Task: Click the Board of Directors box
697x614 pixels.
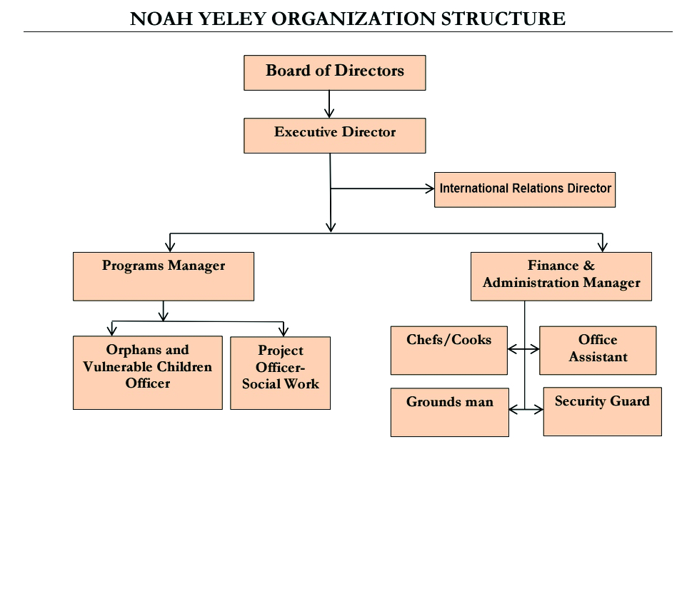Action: coord(334,73)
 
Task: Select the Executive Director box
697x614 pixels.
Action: coord(334,136)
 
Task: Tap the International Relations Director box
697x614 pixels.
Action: coord(524,189)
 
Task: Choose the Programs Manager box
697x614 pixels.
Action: coord(164,276)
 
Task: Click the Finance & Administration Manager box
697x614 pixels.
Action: coord(561,276)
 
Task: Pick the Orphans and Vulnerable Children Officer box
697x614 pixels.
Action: coord(147,373)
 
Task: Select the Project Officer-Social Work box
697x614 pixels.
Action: coord(280,373)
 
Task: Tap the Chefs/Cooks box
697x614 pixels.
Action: coord(448,350)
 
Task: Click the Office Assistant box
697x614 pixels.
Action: coord(597,350)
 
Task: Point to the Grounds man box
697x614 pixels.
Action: coord(449,411)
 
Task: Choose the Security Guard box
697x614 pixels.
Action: coord(602,411)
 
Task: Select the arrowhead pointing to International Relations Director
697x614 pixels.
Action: coord(429,188)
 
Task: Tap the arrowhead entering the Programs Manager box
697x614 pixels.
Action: coord(169,245)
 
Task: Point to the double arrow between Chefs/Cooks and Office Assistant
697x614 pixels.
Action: coord(525,349)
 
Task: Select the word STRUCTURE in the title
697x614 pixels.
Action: coord(502,19)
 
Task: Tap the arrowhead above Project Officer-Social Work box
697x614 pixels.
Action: coord(284,330)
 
